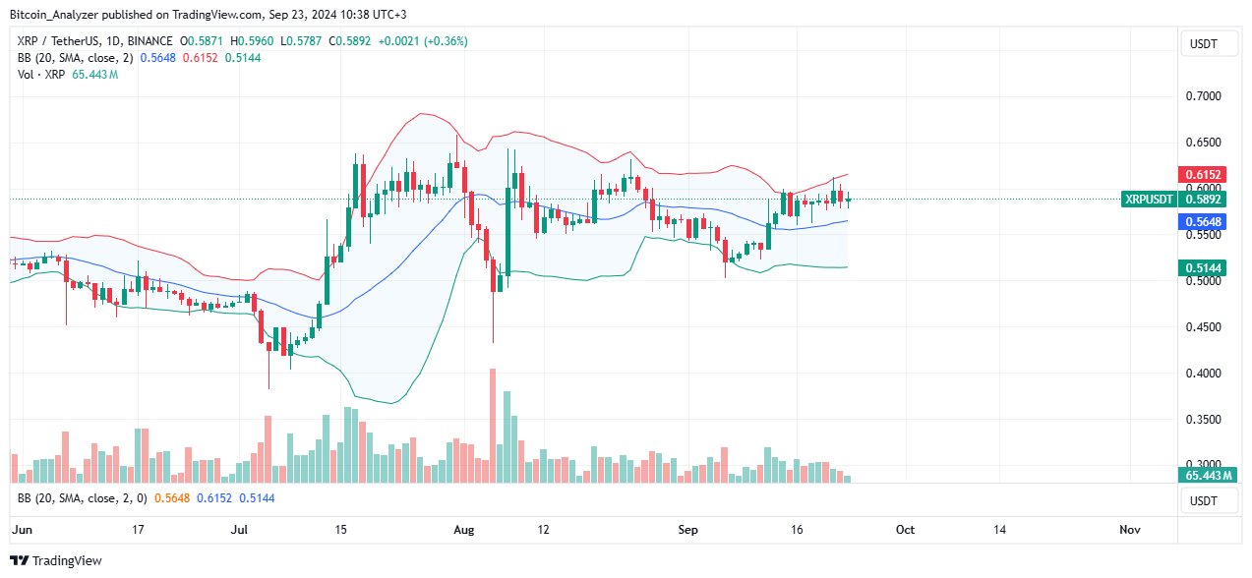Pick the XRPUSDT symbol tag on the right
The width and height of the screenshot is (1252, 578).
pyautogui.click(x=1149, y=199)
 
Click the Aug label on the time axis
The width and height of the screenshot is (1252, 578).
pyautogui.click(x=464, y=529)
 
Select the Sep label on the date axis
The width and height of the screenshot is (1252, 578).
pyautogui.click(x=688, y=529)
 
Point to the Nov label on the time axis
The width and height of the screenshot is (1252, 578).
pyautogui.click(x=1130, y=529)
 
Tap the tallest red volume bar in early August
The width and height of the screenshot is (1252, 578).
pyautogui.click(x=493, y=426)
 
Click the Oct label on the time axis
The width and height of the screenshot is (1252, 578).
pyautogui.click(x=905, y=529)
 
